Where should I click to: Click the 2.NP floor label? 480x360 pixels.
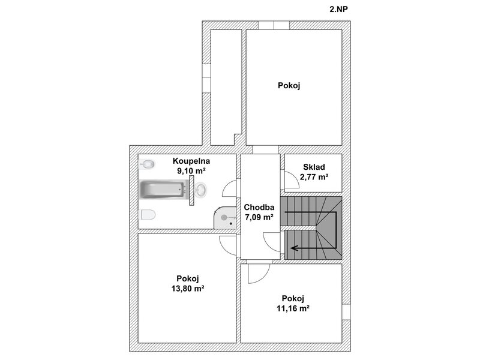[338, 9]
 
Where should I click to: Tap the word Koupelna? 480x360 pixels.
[191, 161]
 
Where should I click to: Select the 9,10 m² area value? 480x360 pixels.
[191, 171]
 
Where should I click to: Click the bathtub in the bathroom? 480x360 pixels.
[163, 189]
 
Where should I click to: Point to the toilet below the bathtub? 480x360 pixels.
[148, 215]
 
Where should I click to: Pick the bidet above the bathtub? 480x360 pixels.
[148, 164]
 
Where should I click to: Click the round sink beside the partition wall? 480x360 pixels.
[200, 190]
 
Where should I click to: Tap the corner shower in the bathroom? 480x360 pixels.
[226, 218]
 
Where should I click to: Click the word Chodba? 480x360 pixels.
[259, 207]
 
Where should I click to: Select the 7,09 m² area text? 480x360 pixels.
[259, 217]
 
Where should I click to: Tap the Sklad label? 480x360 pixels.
[314, 167]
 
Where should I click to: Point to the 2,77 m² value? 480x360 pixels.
[314, 177]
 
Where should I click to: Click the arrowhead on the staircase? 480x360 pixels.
[295, 248]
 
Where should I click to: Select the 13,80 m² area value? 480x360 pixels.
[188, 289]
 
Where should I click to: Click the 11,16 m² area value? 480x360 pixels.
[293, 308]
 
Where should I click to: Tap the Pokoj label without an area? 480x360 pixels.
[289, 85]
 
